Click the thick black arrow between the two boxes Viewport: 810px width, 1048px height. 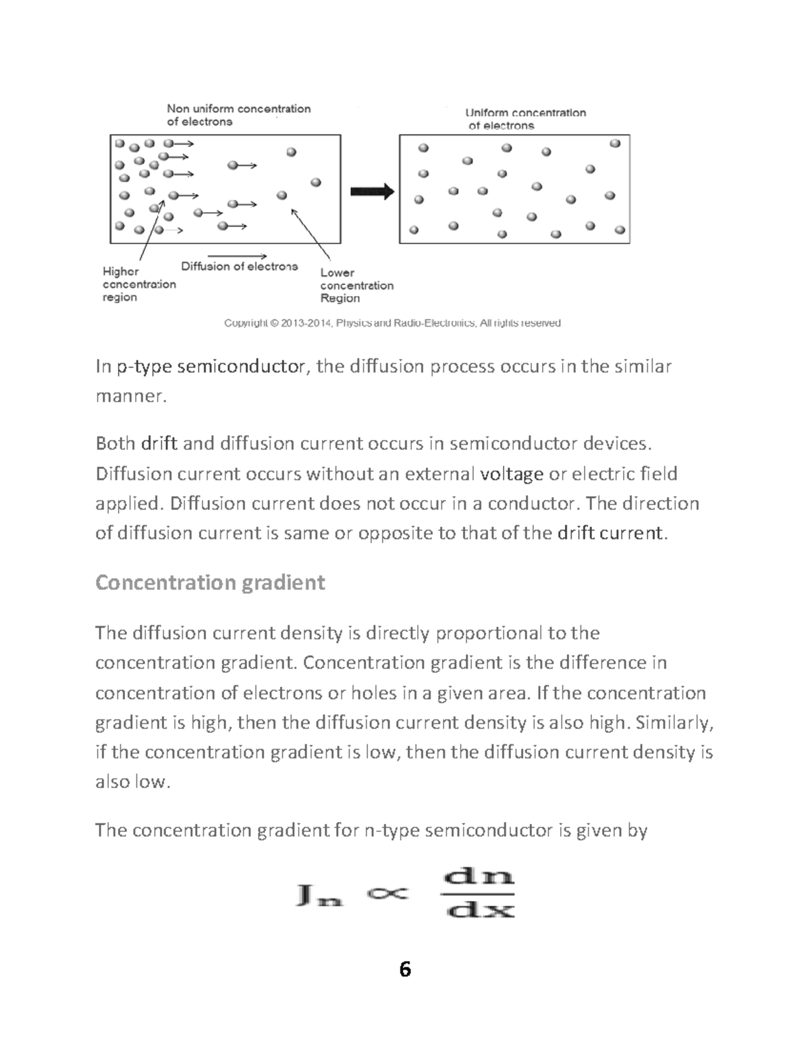[x=372, y=192]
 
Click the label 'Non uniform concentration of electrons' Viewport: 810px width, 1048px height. [x=238, y=115]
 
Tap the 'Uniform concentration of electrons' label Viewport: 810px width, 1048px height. [x=526, y=119]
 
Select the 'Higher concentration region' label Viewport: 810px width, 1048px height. [x=139, y=284]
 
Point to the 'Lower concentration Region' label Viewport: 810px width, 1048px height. [x=356, y=285]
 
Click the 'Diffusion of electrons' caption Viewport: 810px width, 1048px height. [x=239, y=267]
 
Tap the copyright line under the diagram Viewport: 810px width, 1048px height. [x=392, y=323]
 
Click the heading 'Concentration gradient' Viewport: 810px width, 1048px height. [x=210, y=582]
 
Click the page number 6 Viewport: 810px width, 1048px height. [x=405, y=970]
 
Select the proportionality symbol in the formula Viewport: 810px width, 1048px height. [x=387, y=893]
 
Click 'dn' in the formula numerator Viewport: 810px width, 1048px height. [x=478, y=877]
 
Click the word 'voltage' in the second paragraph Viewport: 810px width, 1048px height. [x=511, y=474]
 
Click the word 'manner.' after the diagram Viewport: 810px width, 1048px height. [x=130, y=396]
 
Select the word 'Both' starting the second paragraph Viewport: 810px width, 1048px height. [x=115, y=443]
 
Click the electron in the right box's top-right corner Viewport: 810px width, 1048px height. [x=614, y=144]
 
